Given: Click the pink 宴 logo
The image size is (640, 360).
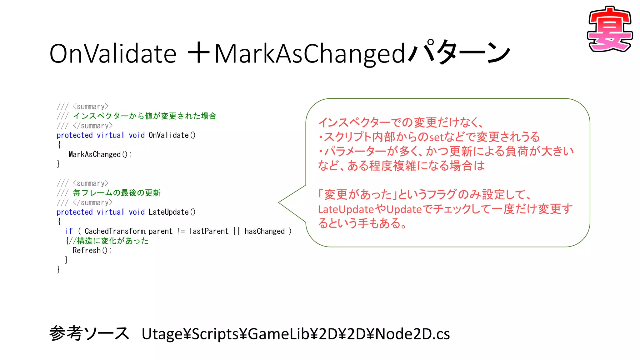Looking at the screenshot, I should click(610, 29).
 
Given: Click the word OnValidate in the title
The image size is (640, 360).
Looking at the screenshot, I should click(113, 54).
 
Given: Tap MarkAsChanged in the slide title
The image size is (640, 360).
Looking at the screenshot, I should click(309, 54).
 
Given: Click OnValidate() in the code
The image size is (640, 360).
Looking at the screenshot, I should click(172, 135).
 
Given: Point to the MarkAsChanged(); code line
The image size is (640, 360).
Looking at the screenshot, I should click(100, 154).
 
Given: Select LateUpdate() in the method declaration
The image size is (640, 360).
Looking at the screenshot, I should click(172, 212).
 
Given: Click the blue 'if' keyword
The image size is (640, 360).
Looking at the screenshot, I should click(69, 231).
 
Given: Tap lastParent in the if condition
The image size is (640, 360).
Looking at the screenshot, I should click(209, 231).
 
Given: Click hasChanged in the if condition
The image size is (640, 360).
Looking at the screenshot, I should click(264, 231).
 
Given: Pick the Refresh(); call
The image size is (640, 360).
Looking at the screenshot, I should click(92, 251).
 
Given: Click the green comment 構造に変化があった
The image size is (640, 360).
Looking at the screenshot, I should click(112, 241).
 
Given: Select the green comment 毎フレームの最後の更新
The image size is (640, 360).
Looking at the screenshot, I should click(117, 193).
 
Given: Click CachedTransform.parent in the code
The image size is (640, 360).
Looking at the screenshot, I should click(128, 231).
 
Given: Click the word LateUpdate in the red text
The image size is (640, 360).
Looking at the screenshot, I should click(346, 209).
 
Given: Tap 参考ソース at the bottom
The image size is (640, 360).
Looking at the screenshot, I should click(89, 333).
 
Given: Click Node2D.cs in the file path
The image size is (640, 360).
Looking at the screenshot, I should click(412, 334).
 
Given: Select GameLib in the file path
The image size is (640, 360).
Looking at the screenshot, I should click(275, 334).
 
